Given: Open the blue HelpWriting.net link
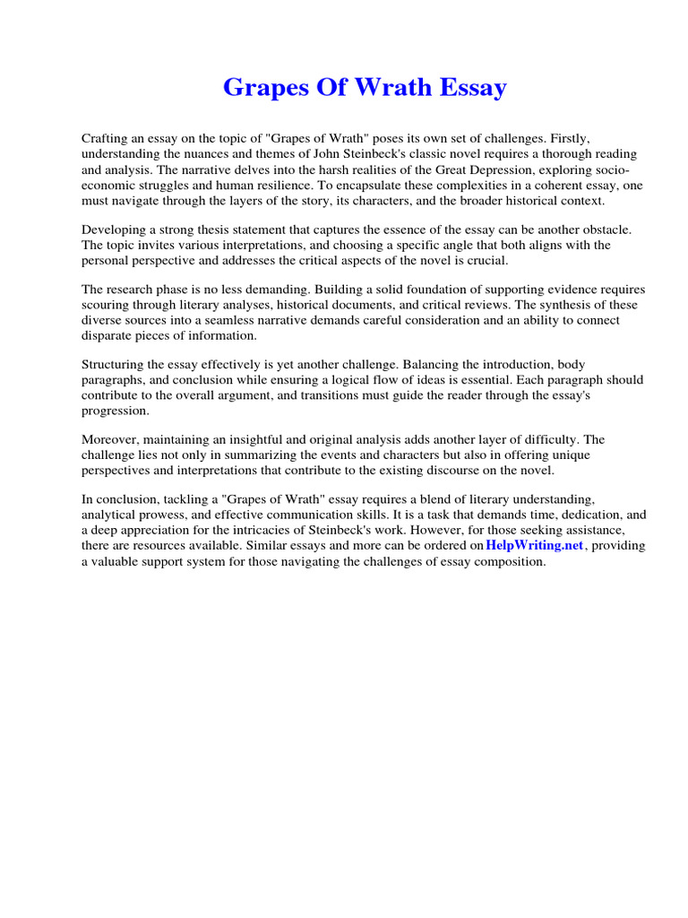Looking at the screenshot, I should click(534, 546).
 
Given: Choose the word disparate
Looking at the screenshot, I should click(107, 334).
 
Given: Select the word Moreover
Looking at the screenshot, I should click(111, 440).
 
